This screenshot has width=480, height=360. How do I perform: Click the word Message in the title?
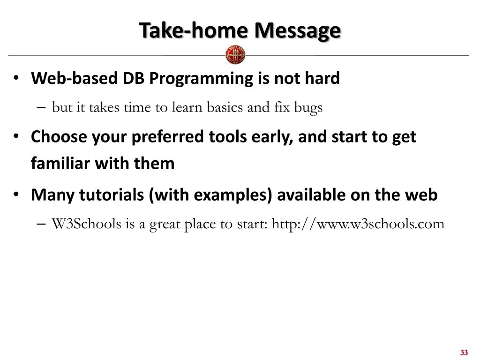pyautogui.click(x=298, y=31)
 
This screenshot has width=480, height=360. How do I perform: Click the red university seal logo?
pyautogui.click(x=235, y=55)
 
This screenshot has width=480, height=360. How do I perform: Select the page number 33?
pyautogui.click(x=464, y=352)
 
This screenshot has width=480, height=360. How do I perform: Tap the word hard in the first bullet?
pyautogui.click(x=322, y=78)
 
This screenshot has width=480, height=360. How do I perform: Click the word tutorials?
pyautogui.click(x=112, y=195)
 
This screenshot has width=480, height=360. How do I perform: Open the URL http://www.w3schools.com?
pyautogui.click(x=358, y=224)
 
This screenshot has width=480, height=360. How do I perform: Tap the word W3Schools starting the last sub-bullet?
pyautogui.click(x=86, y=224)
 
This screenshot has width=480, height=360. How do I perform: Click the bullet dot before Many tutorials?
pyautogui.click(x=16, y=195)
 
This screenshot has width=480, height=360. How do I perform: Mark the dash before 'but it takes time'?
pyautogui.click(x=41, y=107)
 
